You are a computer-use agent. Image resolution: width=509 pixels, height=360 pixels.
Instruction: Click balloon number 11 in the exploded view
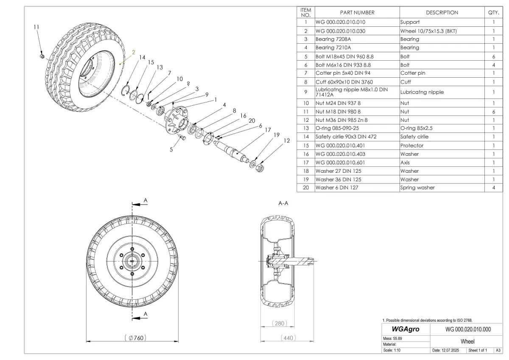click(x=36, y=27)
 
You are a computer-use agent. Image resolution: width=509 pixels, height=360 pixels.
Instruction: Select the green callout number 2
click(x=133, y=52)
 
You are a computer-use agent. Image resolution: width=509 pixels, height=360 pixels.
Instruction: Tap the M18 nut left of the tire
click(x=42, y=56)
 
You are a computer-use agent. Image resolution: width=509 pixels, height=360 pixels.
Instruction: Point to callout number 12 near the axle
click(x=287, y=141)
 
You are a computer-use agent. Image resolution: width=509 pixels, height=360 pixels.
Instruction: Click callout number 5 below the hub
click(x=172, y=149)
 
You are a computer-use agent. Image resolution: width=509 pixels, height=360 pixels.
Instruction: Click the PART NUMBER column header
click(x=357, y=13)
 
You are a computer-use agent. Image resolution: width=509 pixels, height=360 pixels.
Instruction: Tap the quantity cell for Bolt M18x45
click(x=494, y=56)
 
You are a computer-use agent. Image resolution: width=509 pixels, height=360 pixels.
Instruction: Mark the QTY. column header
click(x=494, y=13)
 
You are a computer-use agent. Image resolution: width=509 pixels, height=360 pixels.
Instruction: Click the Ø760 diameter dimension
click(x=135, y=338)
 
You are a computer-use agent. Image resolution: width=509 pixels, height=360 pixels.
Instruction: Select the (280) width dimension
click(x=278, y=323)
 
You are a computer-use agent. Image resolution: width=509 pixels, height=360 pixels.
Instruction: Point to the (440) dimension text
click(x=288, y=338)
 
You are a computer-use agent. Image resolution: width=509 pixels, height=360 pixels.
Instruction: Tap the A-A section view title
click(x=283, y=203)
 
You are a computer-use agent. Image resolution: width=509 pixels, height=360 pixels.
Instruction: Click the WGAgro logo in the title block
click(x=406, y=329)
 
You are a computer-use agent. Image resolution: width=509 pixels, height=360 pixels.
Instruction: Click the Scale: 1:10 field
click(x=392, y=351)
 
